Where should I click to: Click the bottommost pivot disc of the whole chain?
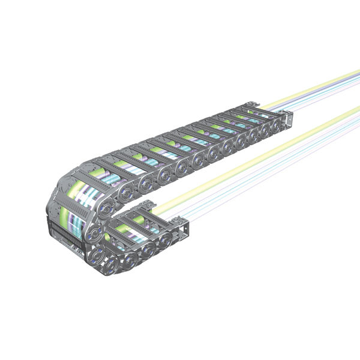[x=114, y=264]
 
